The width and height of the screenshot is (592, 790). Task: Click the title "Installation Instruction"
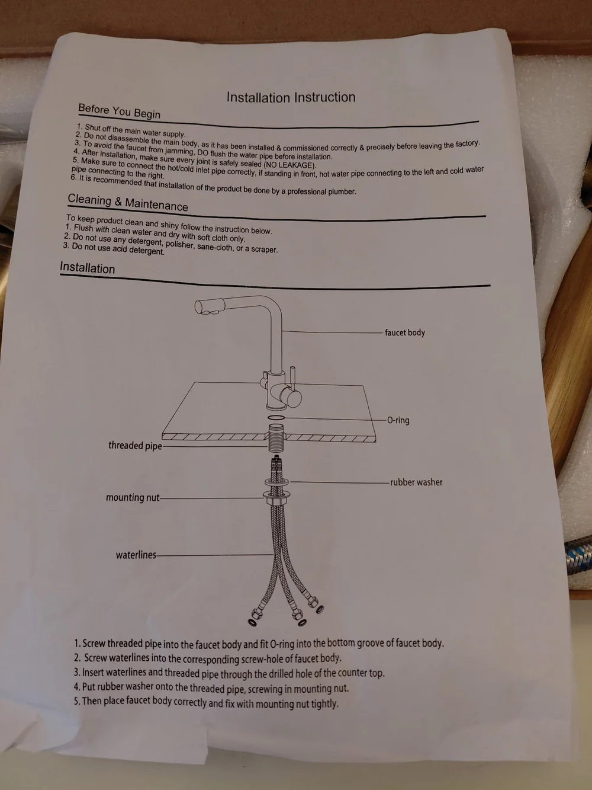291,97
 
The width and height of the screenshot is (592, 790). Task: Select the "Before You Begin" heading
120,111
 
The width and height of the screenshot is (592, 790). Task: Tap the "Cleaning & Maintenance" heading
128,203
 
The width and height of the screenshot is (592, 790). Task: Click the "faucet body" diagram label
405,332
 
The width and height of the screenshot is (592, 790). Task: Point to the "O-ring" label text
398,420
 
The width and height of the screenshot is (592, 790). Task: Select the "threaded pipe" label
135,446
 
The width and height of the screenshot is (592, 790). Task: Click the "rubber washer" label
416,482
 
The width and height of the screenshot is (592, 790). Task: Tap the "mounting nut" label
132,498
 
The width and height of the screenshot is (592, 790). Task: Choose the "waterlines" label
136,555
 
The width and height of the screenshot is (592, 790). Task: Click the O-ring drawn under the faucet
276,417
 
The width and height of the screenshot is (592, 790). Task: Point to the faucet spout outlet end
200,307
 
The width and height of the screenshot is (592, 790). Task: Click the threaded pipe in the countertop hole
276,438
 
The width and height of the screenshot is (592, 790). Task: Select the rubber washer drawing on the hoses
277,482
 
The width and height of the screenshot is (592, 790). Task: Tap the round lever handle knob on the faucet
292,398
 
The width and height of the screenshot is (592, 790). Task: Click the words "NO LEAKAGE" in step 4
289,165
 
